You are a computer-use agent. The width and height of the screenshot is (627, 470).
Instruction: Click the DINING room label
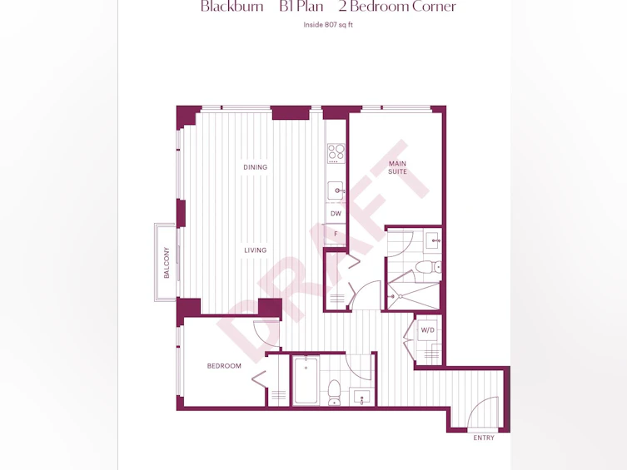click(x=255, y=167)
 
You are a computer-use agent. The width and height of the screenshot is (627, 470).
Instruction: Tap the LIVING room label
click(x=255, y=250)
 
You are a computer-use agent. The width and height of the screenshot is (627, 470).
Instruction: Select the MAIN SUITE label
click(x=397, y=167)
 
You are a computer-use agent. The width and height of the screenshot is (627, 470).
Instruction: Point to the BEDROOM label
click(x=224, y=366)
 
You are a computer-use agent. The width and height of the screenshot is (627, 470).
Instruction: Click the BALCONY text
click(x=167, y=262)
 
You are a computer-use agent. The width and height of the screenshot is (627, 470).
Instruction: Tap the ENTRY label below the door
click(x=484, y=438)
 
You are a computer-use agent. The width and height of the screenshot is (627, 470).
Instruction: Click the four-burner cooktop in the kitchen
click(x=336, y=153)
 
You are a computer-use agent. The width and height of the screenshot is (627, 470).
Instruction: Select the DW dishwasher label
click(x=336, y=214)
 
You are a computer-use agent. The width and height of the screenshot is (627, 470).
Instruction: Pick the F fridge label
click(x=336, y=234)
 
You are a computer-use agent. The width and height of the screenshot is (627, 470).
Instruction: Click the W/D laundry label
click(x=427, y=330)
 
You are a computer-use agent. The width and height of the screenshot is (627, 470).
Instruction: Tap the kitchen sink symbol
click(x=336, y=190)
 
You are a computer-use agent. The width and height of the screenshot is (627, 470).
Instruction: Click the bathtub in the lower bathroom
click(x=306, y=381)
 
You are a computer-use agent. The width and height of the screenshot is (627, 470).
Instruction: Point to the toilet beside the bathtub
click(x=334, y=393)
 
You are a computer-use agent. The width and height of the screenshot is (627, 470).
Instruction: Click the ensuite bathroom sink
click(x=433, y=240)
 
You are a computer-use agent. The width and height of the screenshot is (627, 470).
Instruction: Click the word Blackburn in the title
click(x=232, y=7)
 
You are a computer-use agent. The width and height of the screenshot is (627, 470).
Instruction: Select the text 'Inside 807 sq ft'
click(x=328, y=25)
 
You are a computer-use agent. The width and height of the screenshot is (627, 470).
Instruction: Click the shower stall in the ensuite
click(x=413, y=296)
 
